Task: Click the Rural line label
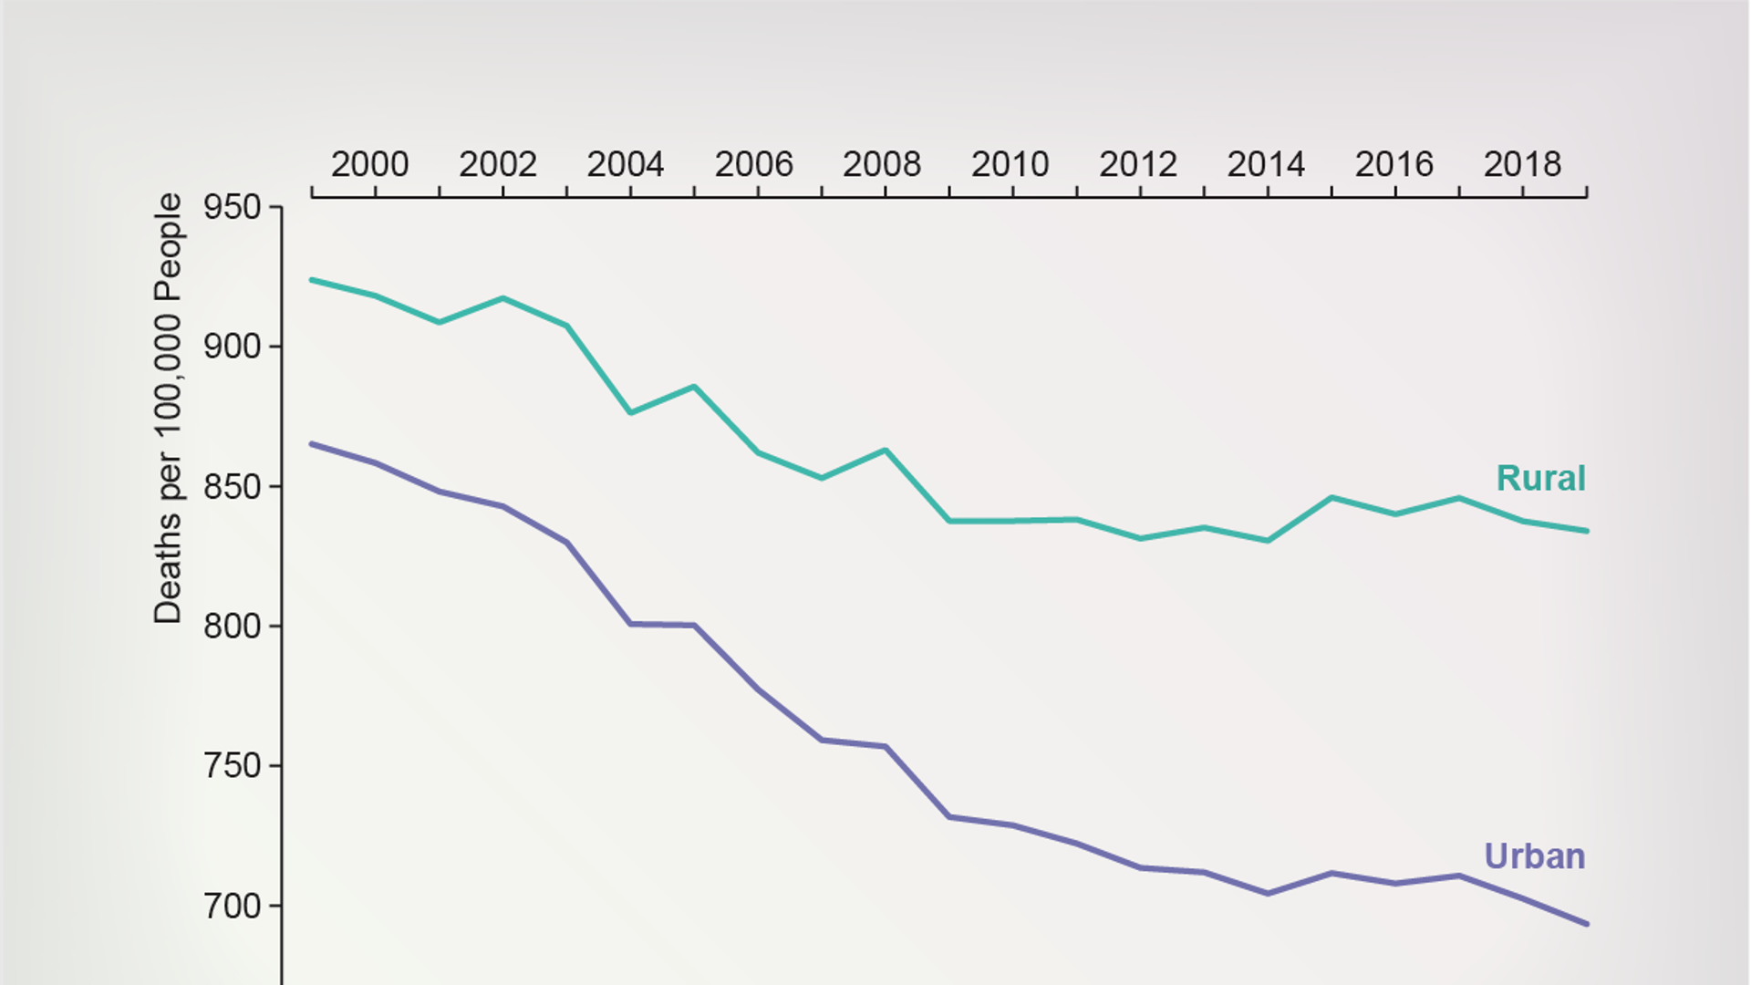pos(1540,479)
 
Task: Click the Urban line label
pos(1534,856)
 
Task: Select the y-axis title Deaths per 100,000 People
pos(168,409)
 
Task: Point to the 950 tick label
pos(232,208)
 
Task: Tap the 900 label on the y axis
pos(232,347)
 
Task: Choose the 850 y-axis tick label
pos(232,487)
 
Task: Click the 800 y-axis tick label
pos(232,627)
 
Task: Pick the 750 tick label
pos(232,766)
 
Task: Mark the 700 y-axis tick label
pos(232,907)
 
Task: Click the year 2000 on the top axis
pos(369,165)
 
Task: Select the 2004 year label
pos(626,165)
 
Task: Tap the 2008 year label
pos(882,165)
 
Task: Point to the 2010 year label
pos(1010,165)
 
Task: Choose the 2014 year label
pos(1266,165)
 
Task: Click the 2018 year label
pos(1522,165)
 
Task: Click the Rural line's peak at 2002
pos(503,298)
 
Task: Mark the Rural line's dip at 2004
pos(630,413)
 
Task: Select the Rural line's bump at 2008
pos(886,450)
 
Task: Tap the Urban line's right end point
pos(1587,924)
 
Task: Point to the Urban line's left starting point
pos(312,444)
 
